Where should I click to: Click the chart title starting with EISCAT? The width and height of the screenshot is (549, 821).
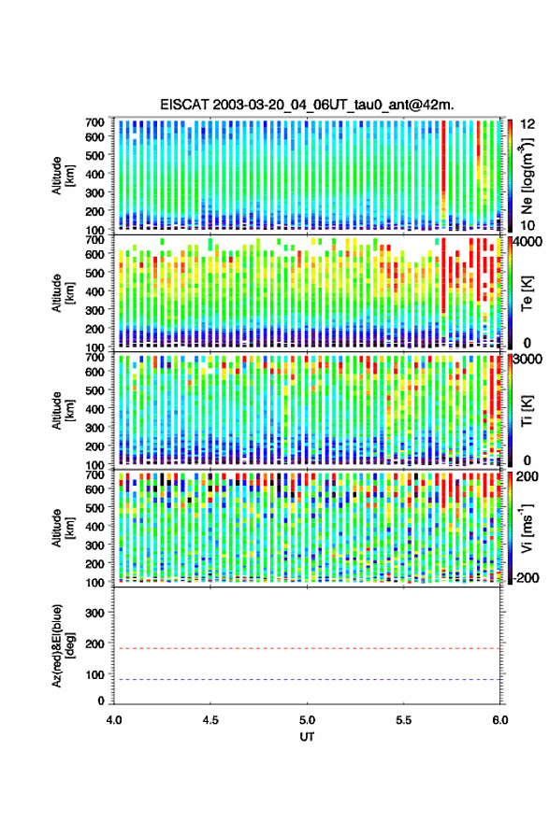point(307,105)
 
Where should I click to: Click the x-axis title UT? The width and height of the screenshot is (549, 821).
point(307,737)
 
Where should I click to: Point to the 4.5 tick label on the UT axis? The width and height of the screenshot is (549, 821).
point(210,720)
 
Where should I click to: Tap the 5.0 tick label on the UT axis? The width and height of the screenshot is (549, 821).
point(308,720)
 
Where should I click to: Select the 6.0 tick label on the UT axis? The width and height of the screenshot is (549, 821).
point(499,720)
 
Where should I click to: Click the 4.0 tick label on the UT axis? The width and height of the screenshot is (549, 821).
point(114,720)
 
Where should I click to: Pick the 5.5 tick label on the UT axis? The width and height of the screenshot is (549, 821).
point(404,720)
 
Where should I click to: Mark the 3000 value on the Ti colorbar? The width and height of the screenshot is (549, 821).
point(528,360)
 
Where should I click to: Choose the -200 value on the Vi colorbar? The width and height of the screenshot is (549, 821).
point(526,577)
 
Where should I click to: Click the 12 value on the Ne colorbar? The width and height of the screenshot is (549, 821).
point(527,124)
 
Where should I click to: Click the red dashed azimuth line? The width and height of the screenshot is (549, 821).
point(308,648)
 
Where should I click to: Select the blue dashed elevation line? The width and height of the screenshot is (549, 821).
point(308,679)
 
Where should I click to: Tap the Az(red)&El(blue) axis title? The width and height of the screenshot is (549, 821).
point(63,645)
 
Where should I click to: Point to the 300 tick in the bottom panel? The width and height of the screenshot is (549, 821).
point(94,613)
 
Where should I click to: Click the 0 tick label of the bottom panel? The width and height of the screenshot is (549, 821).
point(101,701)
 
